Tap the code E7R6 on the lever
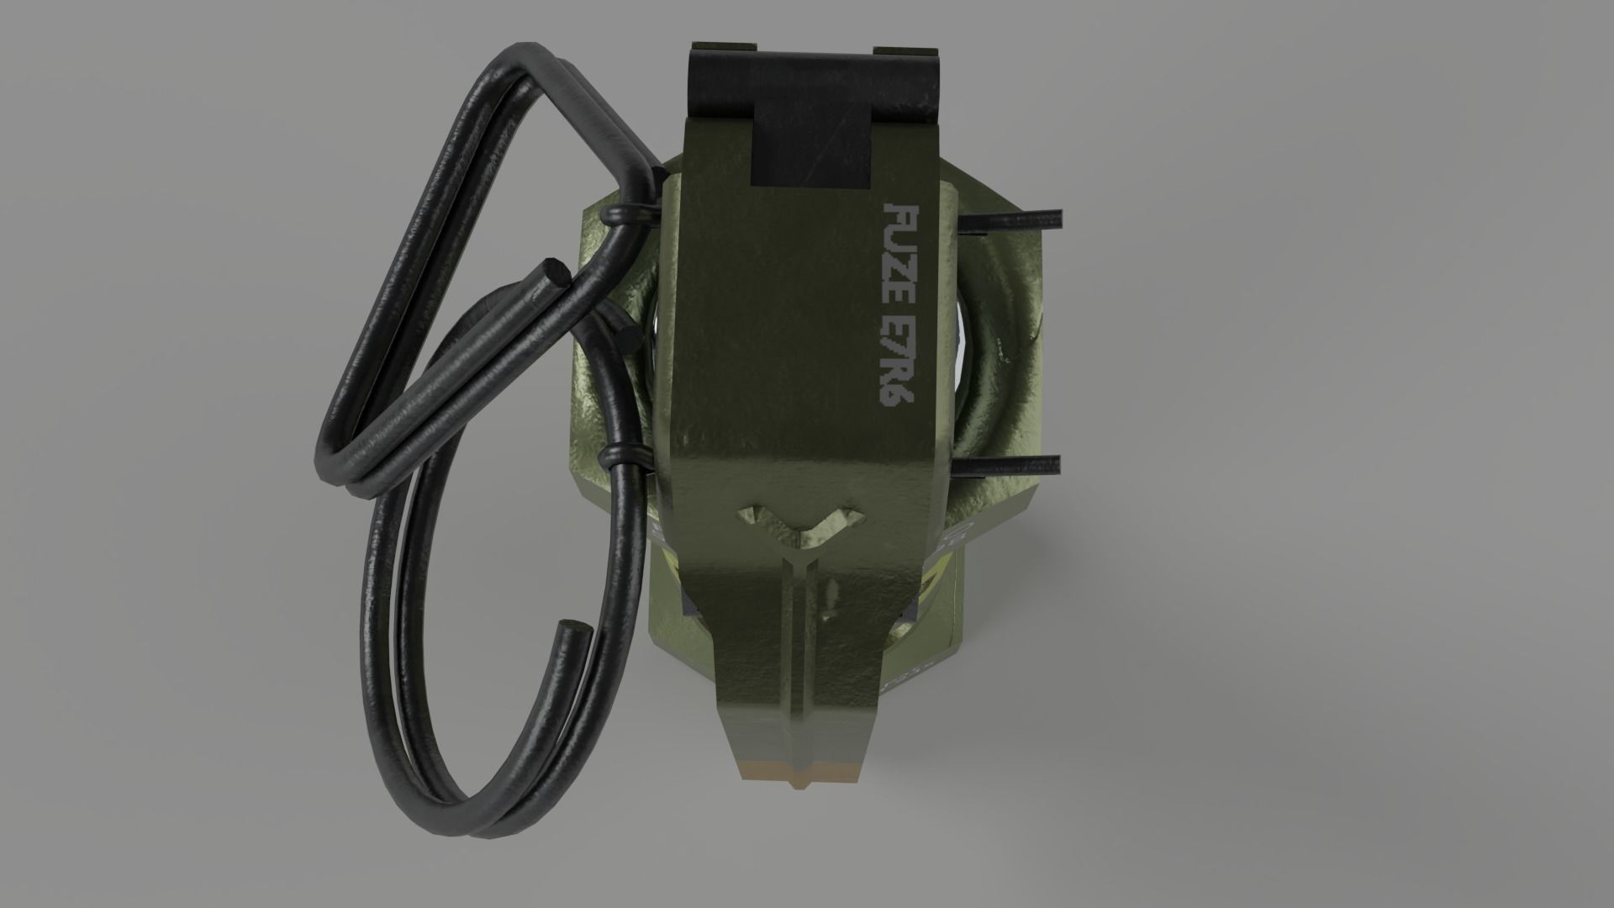click(x=897, y=360)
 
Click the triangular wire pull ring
click(x=437, y=252)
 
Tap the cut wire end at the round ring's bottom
click(x=574, y=628)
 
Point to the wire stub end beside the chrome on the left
click(x=627, y=338)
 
